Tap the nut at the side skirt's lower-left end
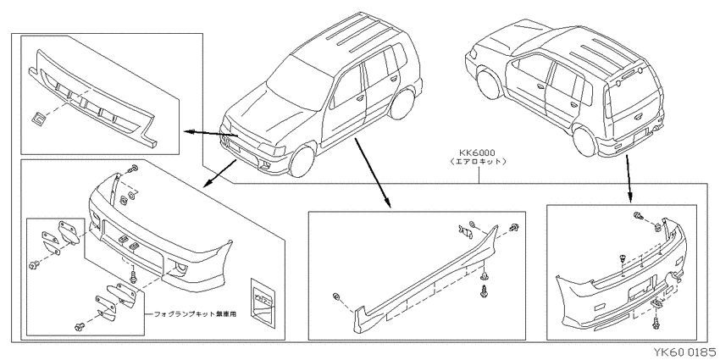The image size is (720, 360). pos(338,297)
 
